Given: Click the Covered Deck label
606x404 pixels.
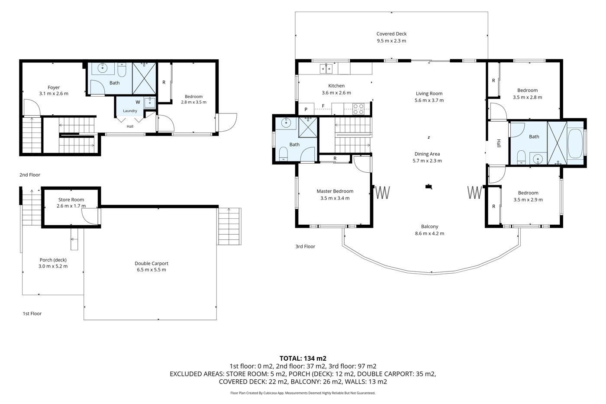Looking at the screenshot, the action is click(x=391, y=34).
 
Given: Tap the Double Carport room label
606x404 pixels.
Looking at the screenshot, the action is click(x=151, y=263).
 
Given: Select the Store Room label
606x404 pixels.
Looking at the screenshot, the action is click(x=71, y=200).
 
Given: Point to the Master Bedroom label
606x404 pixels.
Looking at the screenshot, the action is click(x=335, y=191).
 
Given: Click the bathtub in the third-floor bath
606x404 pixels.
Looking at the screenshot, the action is click(x=575, y=143).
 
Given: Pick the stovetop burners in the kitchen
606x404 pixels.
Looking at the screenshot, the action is click(x=358, y=109).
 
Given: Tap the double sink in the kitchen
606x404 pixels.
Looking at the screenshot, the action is click(x=326, y=68).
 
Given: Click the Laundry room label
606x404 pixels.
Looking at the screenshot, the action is click(x=130, y=111).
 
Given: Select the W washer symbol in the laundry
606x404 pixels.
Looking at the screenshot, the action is click(x=138, y=102).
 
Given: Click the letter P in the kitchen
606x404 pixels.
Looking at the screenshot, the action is click(x=306, y=109).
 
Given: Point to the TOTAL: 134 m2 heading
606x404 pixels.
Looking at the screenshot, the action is click(x=303, y=358).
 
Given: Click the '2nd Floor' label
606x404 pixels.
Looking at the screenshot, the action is click(x=30, y=175).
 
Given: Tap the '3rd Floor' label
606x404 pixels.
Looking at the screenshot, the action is click(x=305, y=246).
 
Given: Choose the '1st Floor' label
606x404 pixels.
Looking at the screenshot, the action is click(x=32, y=314).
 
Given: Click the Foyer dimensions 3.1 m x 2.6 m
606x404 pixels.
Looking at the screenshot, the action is click(x=54, y=94).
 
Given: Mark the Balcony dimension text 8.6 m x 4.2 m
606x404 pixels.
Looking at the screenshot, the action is click(x=429, y=233).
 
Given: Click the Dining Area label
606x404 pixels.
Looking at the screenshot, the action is click(x=427, y=154).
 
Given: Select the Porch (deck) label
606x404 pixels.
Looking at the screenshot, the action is click(x=53, y=260).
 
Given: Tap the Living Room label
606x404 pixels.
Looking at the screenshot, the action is click(x=429, y=94).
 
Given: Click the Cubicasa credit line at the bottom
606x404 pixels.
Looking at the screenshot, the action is click(x=303, y=393).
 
